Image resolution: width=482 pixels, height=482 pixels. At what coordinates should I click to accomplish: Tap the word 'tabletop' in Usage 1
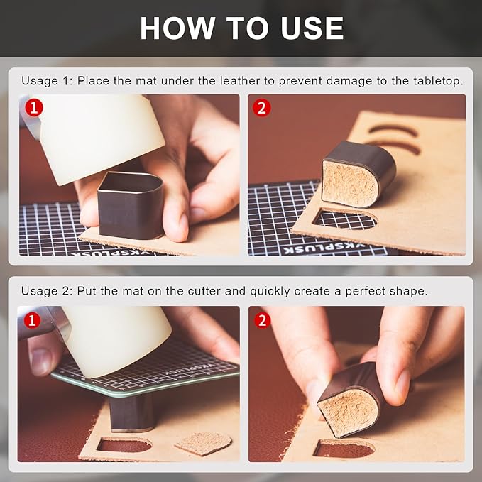438,81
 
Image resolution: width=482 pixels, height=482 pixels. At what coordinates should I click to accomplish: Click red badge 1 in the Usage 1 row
34,108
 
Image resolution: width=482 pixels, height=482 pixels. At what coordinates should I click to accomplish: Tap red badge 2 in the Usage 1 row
262,108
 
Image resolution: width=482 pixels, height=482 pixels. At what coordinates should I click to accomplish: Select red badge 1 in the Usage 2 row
32,321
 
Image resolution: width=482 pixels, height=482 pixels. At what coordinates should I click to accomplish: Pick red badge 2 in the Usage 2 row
262,321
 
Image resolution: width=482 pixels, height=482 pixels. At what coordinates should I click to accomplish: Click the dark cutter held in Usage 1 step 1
131,204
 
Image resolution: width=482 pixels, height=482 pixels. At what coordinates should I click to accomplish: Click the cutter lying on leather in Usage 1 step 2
358,174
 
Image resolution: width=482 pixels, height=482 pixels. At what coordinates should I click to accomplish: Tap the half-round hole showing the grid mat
345,219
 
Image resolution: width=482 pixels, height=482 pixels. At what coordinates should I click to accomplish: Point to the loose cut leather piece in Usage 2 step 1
203,443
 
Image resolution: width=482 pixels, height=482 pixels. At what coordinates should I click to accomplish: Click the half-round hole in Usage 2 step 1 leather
124,445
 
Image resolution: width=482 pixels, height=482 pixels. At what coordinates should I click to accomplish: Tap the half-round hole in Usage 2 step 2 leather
344,449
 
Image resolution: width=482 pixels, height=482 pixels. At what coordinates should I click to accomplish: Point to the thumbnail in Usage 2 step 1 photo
40,362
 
